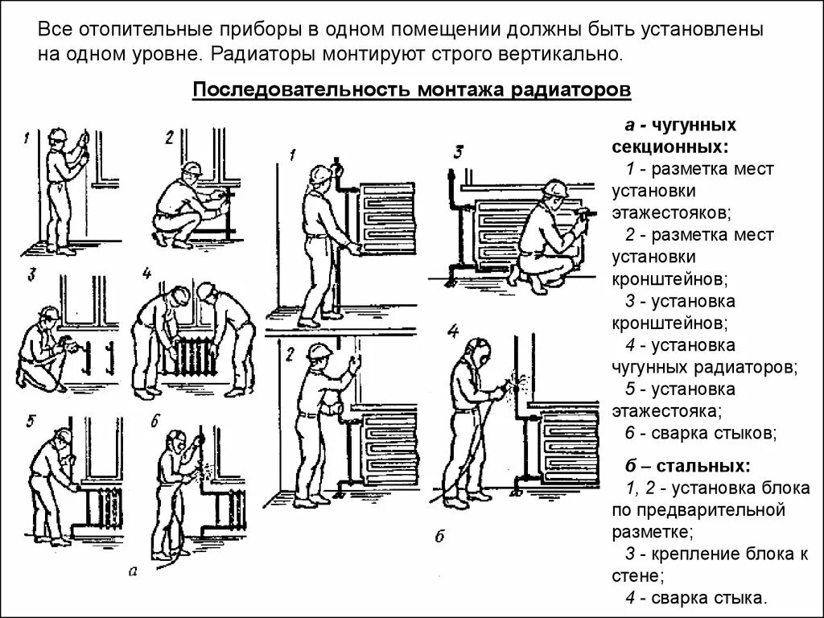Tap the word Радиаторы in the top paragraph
(264, 56)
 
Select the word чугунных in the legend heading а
(694, 126)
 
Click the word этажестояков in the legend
(671, 213)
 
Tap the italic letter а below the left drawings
(133, 572)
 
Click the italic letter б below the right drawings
(439, 537)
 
